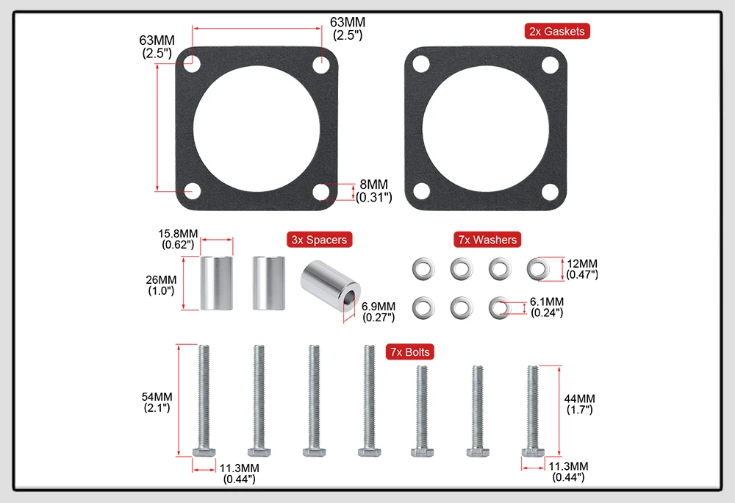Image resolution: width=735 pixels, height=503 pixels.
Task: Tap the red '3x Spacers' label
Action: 318,240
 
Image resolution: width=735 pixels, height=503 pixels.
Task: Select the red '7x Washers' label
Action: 487,240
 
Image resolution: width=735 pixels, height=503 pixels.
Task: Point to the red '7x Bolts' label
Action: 409,352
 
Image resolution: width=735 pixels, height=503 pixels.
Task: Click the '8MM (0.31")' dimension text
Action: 374,190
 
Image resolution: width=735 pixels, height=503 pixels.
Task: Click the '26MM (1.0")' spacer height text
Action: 162,285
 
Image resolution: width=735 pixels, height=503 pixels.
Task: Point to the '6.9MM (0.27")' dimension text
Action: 379,312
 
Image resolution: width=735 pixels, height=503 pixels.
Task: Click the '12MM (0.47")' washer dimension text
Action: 582,268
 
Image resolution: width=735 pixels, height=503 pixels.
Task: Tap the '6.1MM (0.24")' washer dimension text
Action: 547,307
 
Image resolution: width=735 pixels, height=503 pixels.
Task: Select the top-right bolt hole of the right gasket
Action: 548,64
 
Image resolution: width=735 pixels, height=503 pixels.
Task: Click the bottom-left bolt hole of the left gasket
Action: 193,190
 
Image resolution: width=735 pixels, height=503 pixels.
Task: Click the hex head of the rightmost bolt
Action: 532,451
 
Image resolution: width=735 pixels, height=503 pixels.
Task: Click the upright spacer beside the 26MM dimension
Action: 217,283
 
